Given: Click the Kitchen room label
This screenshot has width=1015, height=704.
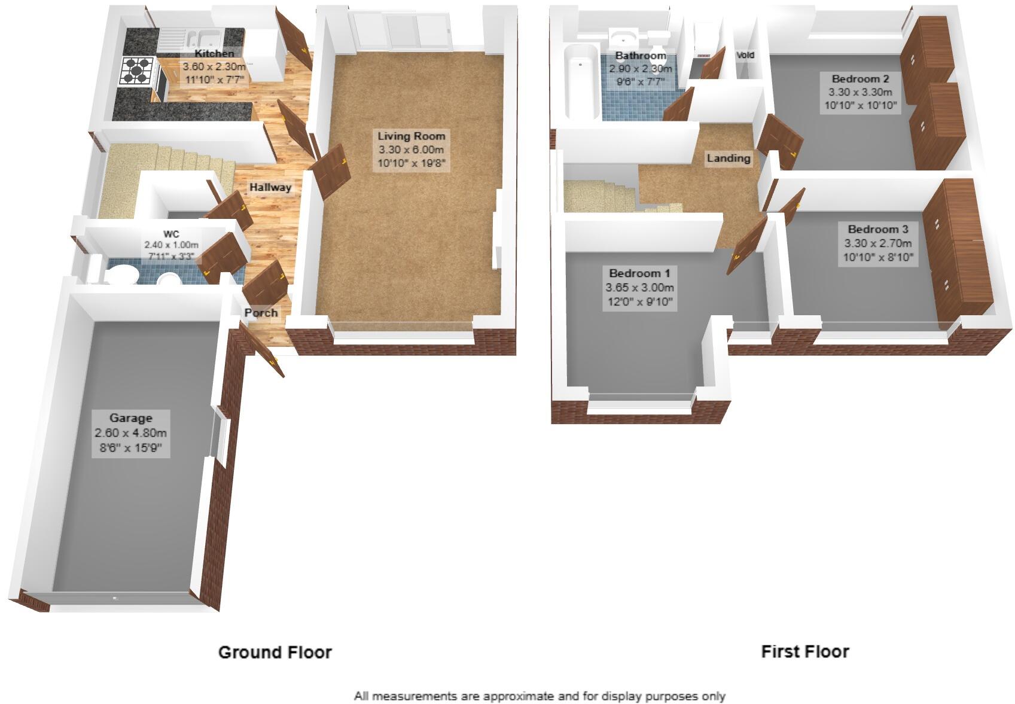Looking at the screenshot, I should pyautogui.click(x=214, y=54).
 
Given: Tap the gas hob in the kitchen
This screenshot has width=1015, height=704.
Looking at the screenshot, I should pyautogui.click(x=138, y=70).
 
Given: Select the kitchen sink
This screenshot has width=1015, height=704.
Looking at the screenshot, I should pyautogui.click(x=202, y=38).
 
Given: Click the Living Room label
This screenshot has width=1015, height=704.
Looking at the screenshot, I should pyautogui.click(x=411, y=136).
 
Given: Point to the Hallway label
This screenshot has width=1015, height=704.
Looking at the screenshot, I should pyautogui.click(x=270, y=187).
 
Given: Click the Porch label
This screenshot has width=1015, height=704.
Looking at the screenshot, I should pyautogui.click(x=261, y=312).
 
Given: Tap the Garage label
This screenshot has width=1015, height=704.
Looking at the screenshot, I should pyautogui.click(x=130, y=418).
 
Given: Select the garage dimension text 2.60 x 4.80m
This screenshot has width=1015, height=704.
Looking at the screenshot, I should pyautogui.click(x=130, y=433).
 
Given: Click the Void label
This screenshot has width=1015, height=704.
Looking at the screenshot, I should pyautogui.click(x=745, y=55).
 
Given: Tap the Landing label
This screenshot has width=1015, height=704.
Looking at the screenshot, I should pyautogui.click(x=728, y=159).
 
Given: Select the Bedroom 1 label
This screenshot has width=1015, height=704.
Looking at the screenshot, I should pyautogui.click(x=639, y=273).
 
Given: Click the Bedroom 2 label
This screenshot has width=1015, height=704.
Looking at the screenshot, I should pyautogui.click(x=860, y=79).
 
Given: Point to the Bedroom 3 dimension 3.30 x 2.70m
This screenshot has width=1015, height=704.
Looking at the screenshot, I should pyautogui.click(x=877, y=243).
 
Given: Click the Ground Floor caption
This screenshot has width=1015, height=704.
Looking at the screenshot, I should pyautogui.click(x=275, y=652).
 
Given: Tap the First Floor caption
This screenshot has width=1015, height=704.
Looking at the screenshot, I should pyautogui.click(x=804, y=651).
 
